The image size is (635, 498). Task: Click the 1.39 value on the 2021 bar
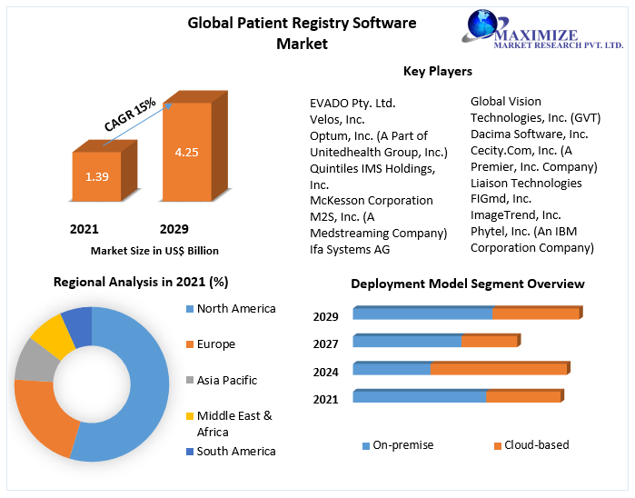[x=97, y=176]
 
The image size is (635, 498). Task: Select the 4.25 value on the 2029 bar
[x=186, y=152]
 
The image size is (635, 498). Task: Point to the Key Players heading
[x=437, y=71]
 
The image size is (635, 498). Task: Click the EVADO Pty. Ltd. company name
[x=352, y=103]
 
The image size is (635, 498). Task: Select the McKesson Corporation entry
[x=371, y=200]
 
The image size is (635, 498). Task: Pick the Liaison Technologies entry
[x=526, y=183]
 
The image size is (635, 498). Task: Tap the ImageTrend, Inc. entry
[x=515, y=214]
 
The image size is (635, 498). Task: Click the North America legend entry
[x=235, y=309]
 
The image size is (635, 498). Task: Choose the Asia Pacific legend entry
[x=226, y=380]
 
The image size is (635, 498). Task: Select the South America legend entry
[x=235, y=451]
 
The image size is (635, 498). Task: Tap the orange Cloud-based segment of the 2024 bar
[x=498, y=369]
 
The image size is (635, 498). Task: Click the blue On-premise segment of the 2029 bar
[x=422, y=314]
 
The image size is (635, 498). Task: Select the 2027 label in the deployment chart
[x=325, y=344]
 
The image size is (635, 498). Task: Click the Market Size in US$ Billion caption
[x=154, y=251]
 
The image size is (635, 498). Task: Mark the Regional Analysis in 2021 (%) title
[x=141, y=282]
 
